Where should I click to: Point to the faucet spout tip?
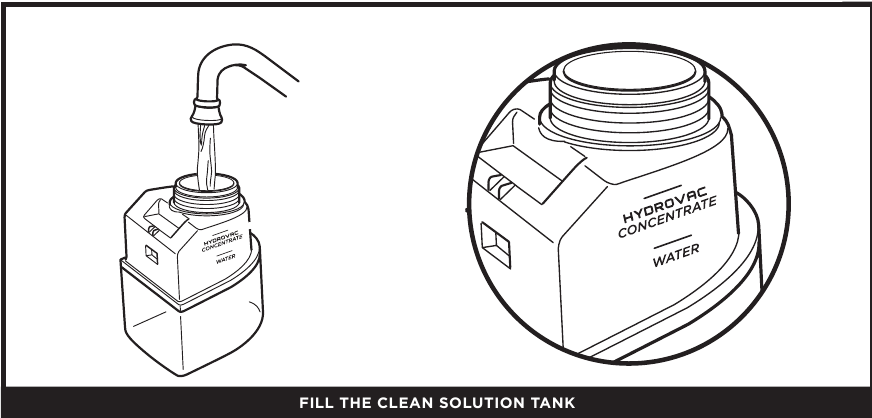(x=204, y=103)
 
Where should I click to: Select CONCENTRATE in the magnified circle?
(x=667, y=217)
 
